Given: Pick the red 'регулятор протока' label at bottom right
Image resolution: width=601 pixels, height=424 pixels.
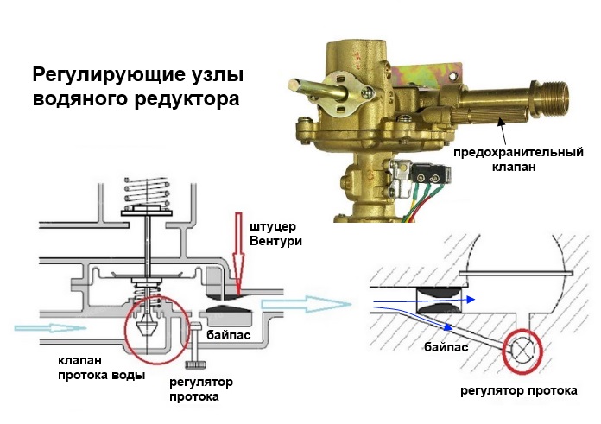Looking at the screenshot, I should [x=518, y=390].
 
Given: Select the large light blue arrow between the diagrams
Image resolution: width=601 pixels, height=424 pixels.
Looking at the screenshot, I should [x=319, y=303].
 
